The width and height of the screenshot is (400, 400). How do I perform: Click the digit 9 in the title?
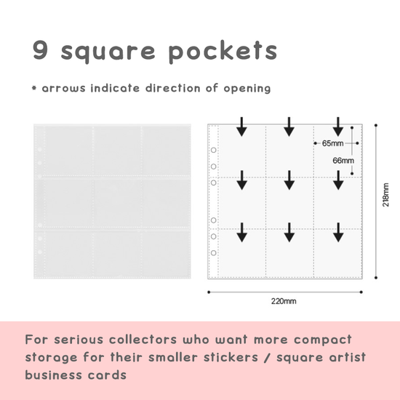tap(40, 50)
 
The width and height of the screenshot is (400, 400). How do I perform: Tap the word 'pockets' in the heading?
tap(223, 52)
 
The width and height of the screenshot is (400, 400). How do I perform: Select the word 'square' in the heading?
tap(108, 53)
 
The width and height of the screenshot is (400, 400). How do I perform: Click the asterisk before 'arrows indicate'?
tap(34, 88)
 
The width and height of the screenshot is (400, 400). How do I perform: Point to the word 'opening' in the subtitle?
tap(247, 89)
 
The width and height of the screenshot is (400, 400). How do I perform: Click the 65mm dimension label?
tap(332, 143)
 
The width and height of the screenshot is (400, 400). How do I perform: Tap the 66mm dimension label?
tap(343, 161)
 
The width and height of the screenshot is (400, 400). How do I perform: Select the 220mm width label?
tap(284, 301)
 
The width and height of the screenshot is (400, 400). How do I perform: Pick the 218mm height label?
tap(386, 195)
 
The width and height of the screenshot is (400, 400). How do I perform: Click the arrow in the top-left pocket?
tap(241, 127)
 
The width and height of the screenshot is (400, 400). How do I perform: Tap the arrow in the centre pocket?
tap(289, 180)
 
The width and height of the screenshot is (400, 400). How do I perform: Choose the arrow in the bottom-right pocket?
tap(338, 233)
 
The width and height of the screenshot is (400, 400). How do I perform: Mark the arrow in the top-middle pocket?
tap(289, 127)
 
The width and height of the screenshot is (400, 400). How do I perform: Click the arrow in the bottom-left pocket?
tap(242, 233)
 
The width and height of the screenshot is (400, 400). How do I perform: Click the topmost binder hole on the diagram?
tap(214, 151)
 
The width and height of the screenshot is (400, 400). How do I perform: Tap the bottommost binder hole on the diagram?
tap(214, 253)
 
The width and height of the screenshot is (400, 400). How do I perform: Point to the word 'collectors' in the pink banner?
tap(143, 340)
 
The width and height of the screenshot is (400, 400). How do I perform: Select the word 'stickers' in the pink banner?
tap(231, 357)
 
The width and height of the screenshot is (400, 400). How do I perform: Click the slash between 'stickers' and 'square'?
tap(267, 357)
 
